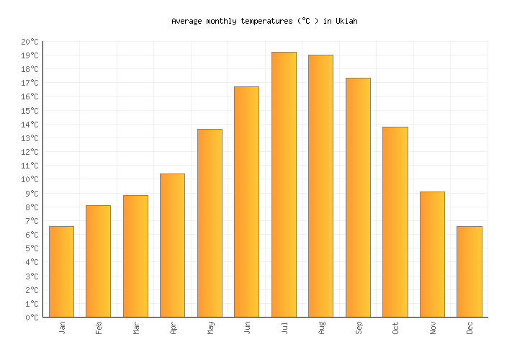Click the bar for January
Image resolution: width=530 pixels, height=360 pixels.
pos(61,271)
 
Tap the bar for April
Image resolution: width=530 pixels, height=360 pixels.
pos(172,245)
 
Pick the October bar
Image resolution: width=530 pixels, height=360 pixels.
pos(395,222)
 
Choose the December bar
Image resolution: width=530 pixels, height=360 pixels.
pos(469,271)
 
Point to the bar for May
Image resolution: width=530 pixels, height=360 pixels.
pos(210,222)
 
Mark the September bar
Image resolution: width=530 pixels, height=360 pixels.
pos(358,197)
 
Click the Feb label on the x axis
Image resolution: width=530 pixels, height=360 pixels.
pos(99,328)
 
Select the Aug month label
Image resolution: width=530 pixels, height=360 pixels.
pos(321,328)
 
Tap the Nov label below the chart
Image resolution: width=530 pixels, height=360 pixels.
pos(432,328)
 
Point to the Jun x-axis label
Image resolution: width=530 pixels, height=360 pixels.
pos(247,328)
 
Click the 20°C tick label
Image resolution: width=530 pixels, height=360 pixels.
pos(30,42)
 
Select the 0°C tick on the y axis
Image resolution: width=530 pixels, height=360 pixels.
pos(32,317)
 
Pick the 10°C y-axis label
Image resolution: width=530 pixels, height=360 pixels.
pos(30,179)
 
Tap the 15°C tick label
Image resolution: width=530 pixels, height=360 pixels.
pos(30,111)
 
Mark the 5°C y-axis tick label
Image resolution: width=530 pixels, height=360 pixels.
pos(32,248)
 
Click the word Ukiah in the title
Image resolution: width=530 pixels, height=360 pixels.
pos(346,22)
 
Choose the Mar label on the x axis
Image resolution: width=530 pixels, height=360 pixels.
pos(135,328)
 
